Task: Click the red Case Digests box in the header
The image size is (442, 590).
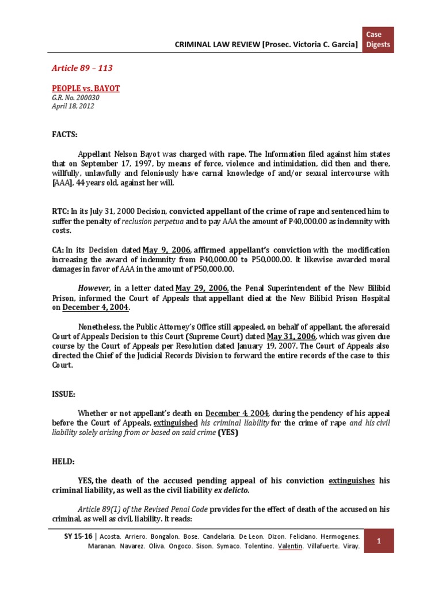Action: click(378, 39)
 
